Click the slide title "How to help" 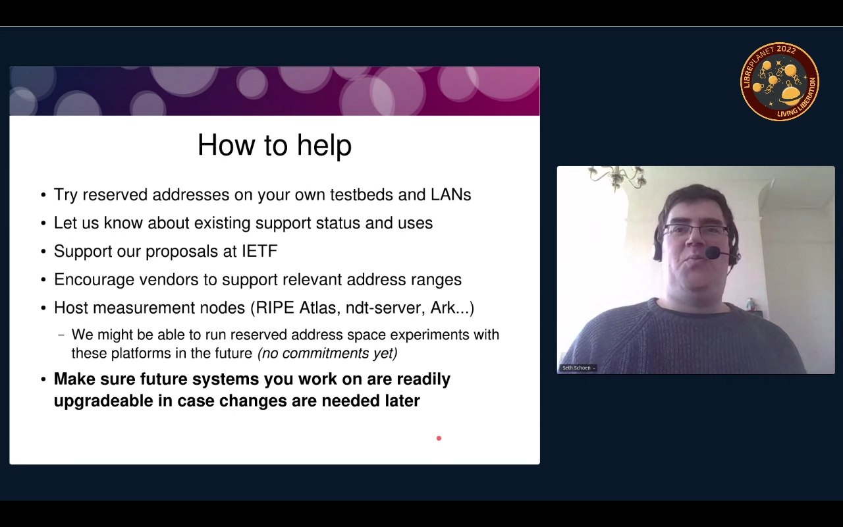tap(275, 146)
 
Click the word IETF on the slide tap(259, 251)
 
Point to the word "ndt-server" tap(386, 308)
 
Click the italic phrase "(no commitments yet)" tap(327, 353)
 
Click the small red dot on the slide tap(439, 438)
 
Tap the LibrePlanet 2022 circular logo tap(780, 82)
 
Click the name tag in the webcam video tap(578, 368)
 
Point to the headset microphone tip tap(713, 252)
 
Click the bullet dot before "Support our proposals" tap(43, 252)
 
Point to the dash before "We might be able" tap(61, 335)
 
